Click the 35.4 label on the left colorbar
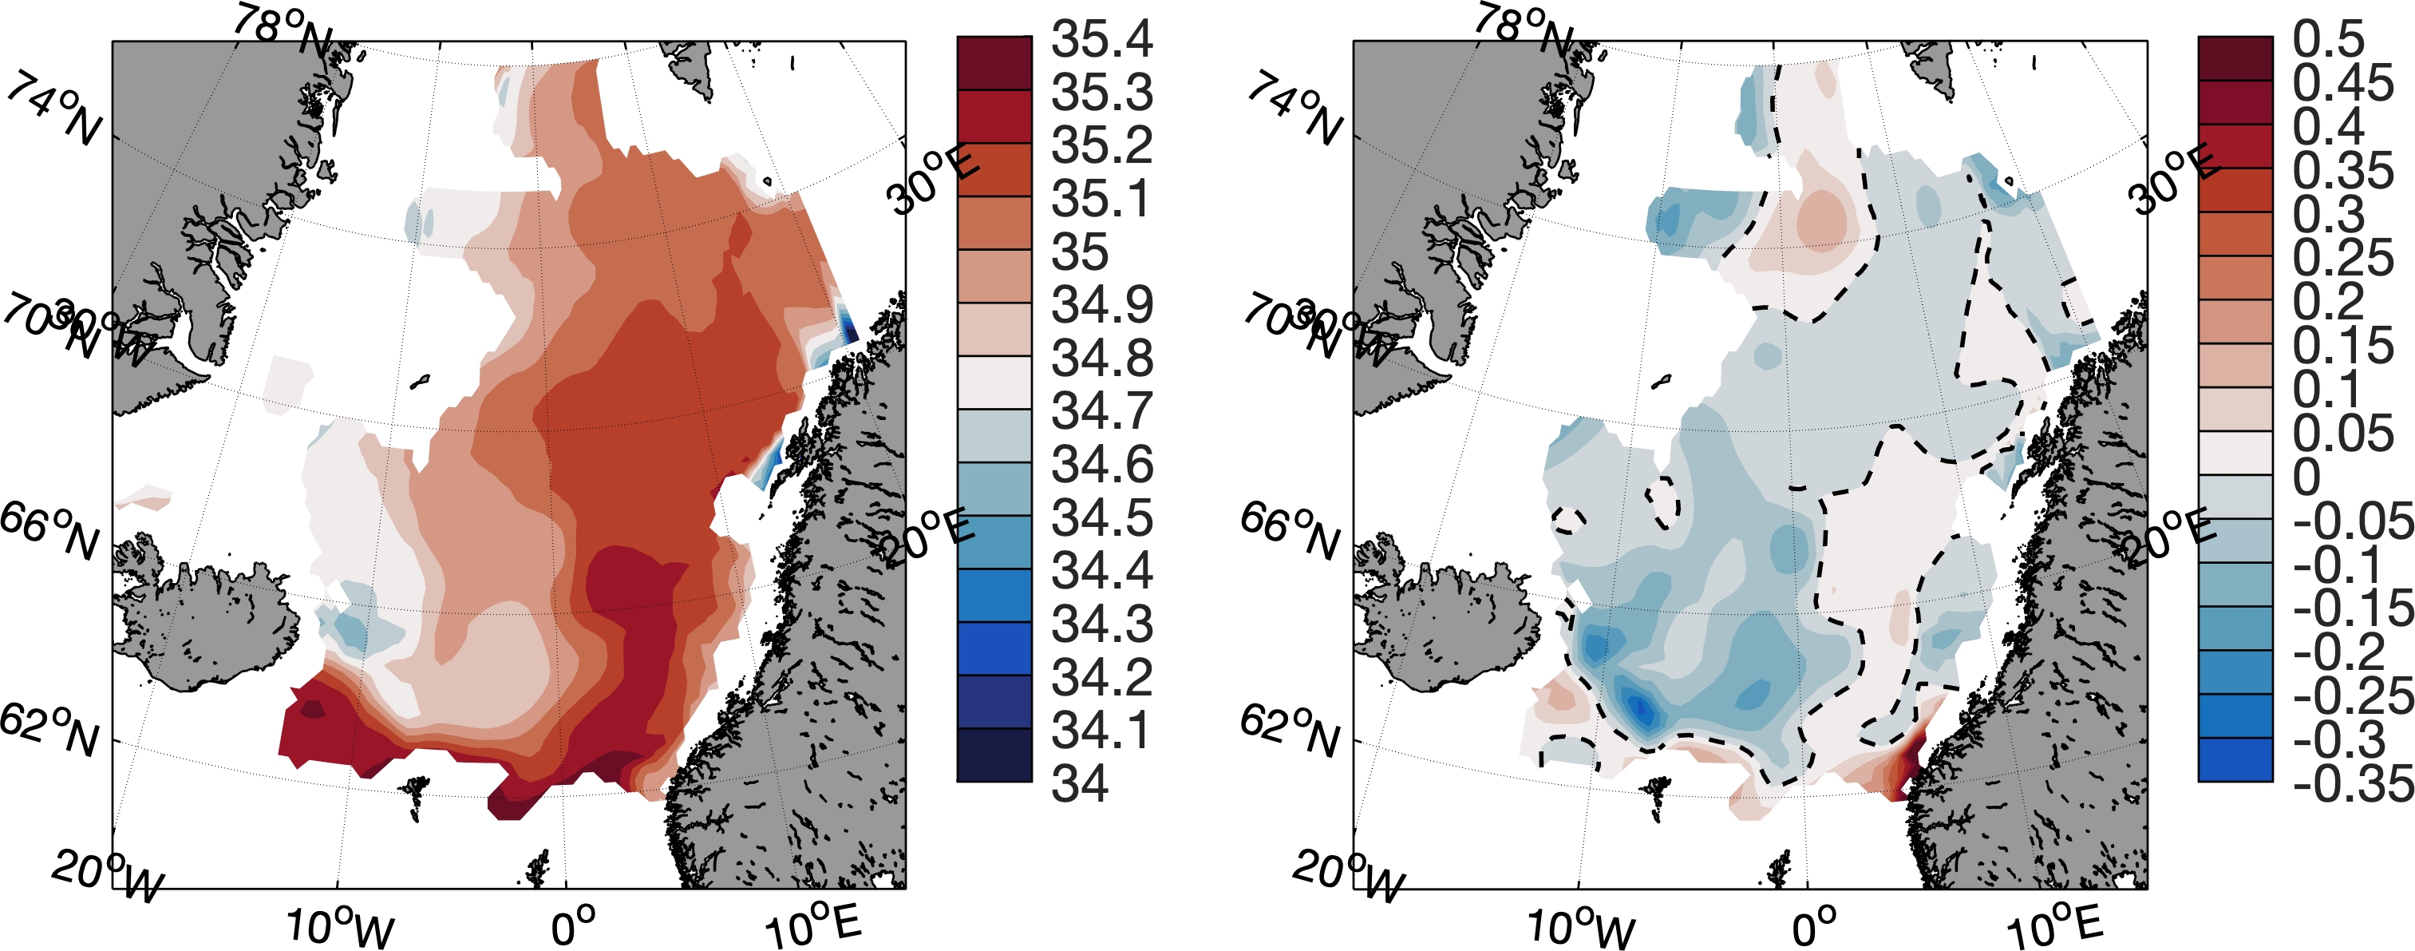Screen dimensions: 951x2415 pos(1101,39)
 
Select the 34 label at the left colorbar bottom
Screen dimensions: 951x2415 pos(1080,783)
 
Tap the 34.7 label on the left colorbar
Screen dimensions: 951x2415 pos(1101,412)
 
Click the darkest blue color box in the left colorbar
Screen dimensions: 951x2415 pos(994,755)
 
